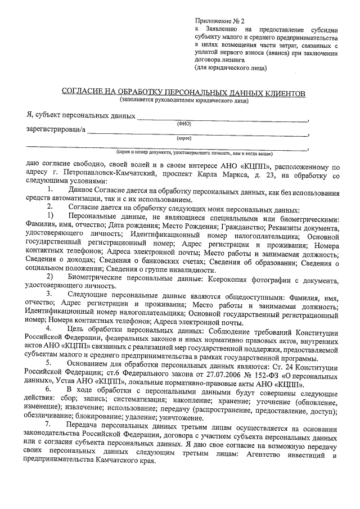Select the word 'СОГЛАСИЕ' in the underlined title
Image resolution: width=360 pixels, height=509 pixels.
coord(83,92)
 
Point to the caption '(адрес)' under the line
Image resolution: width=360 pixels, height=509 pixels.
coord(184,138)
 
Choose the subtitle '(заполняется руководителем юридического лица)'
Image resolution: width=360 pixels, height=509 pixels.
coord(183,101)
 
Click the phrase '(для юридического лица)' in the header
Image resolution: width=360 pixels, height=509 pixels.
coord(231,68)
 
